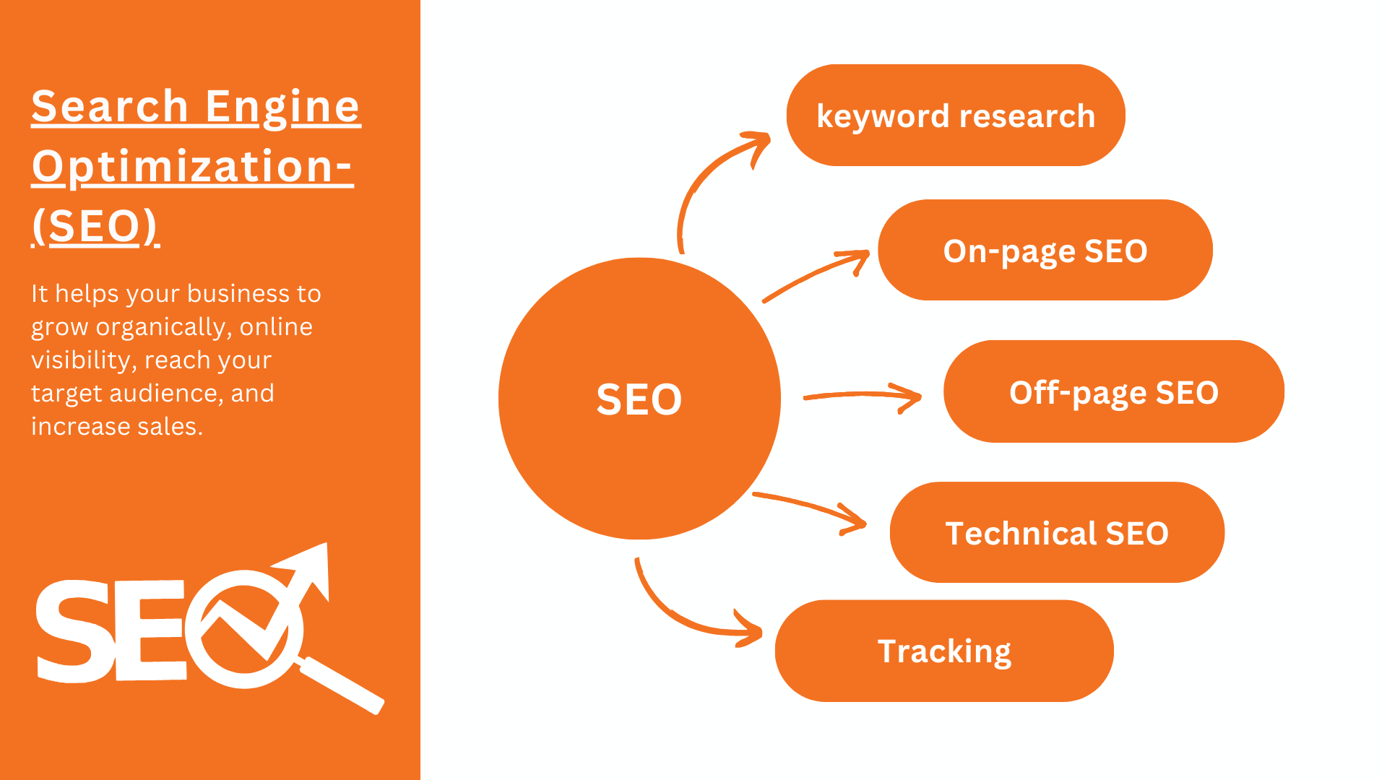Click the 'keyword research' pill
955,116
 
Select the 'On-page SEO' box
1045,251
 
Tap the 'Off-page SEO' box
1113,392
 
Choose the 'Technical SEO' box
1056,533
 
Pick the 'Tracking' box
943,651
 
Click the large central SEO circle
639,399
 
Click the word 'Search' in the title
110,107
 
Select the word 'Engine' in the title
282,107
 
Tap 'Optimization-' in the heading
192,167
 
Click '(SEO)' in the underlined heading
95,226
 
